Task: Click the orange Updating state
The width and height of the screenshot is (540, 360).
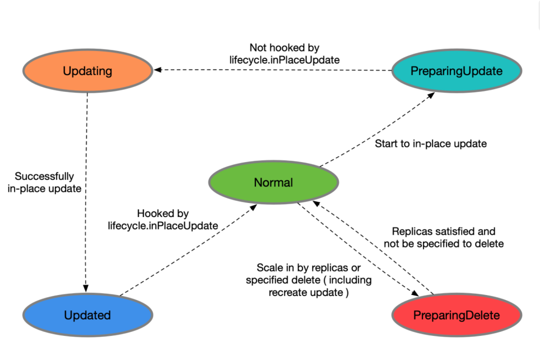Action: coord(88,70)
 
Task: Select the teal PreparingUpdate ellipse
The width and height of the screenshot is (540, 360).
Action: coord(456,70)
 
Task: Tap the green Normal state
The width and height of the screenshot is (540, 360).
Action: coord(274,182)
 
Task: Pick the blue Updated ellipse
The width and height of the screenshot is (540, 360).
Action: coord(88,315)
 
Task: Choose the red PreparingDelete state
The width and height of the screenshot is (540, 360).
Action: coord(456,315)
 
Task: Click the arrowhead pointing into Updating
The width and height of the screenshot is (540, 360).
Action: coord(157,69)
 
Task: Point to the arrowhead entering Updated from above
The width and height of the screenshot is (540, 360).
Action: coord(86,288)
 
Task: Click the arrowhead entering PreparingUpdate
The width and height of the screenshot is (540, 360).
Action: coord(431,95)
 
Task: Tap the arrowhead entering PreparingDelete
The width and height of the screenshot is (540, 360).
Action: coord(415,293)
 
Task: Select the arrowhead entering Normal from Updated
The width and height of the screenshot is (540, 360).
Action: coord(253,207)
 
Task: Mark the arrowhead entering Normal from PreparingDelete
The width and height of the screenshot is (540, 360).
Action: coord(316,204)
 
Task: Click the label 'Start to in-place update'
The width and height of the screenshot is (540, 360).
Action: coord(430,143)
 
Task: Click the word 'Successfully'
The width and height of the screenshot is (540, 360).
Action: coord(44,176)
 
